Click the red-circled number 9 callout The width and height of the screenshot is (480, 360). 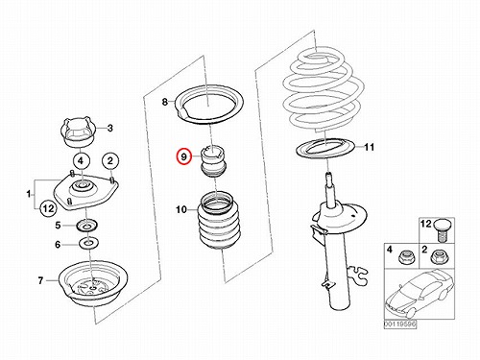pyautogui.click(x=183, y=156)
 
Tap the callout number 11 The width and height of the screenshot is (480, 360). pyautogui.click(x=369, y=147)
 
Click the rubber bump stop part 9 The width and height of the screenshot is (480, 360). pyautogui.click(x=213, y=162)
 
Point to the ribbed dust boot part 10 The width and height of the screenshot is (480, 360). pyautogui.click(x=219, y=221)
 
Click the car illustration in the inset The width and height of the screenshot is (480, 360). pyautogui.click(x=418, y=293)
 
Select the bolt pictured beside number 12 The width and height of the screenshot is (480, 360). pyautogui.click(x=443, y=230)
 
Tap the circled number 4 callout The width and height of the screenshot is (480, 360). pyautogui.click(x=81, y=160)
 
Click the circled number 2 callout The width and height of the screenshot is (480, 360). pyautogui.click(x=110, y=160)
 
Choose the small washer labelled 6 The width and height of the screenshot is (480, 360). pyautogui.click(x=88, y=244)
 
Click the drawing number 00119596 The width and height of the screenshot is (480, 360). pyautogui.click(x=400, y=324)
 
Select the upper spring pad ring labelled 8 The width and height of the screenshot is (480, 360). pyautogui.click(x=208, y=105)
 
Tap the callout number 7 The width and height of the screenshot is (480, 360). pyautogui.click(x=40, y=280)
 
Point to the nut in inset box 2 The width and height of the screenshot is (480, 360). pyautogui.click(x=437, y=256)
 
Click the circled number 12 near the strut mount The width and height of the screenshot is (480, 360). pyautogui.click(x=48, y=208)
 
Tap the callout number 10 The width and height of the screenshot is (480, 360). pyautogui.click(x=181, y=210)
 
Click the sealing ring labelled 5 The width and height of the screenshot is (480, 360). pyautogui.click(x=86, y=226)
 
